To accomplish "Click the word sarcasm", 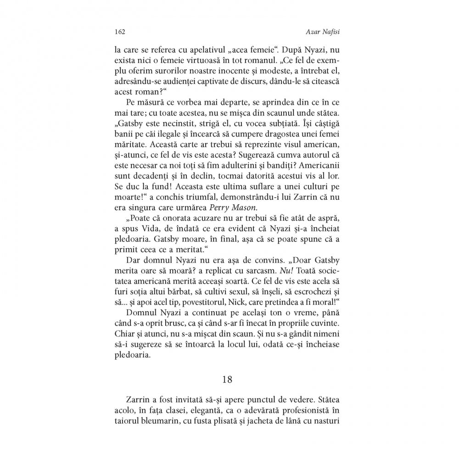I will pyautogui.click(x=251, y=271).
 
